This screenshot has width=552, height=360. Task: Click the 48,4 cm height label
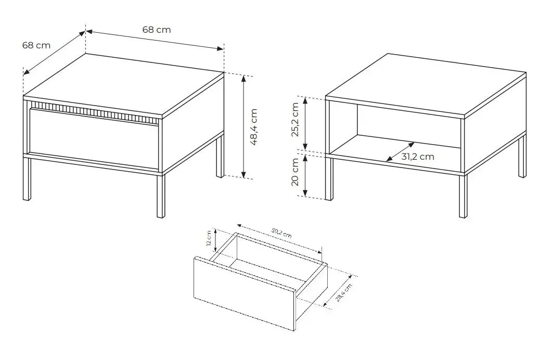(x=254, y=127)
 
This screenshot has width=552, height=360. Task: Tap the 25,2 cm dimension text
(x=295, y=120)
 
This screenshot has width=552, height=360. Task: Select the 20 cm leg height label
(x=295, y=174)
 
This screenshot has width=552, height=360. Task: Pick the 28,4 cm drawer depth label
(x=344, y=293)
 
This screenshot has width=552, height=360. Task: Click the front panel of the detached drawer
(x=244, y=293)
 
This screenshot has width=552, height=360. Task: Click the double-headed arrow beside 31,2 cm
(x=400, y=152)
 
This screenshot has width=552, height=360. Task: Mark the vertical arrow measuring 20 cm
(x=306, y=176)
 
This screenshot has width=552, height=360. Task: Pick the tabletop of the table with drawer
(x=125, y=83)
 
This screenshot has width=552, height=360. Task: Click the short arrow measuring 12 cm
(x=215, y=240)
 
